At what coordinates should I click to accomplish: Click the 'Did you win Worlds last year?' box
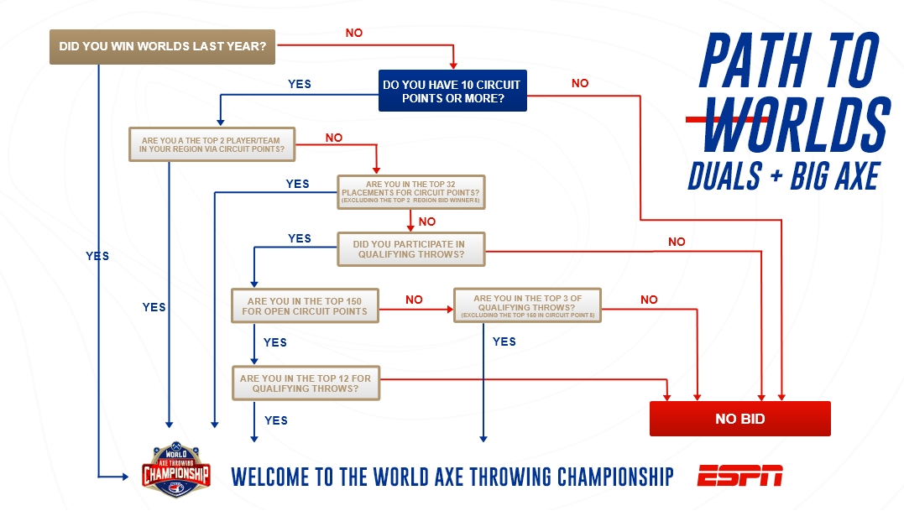click(162, 47)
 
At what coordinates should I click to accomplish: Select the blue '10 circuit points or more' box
click(452, 91)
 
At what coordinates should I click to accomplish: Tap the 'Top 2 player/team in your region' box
click(212, 144)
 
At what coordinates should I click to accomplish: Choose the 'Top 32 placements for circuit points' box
click(411, 192)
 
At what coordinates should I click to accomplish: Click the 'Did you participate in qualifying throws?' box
click(411, 249)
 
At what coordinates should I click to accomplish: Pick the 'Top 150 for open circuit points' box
click(305, 306)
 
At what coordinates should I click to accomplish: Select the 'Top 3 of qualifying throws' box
click(527, 305)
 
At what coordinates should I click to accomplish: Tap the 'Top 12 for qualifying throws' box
click(306, 383)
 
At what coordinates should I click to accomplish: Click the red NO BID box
click(739, 419)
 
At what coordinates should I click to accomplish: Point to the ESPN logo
click(739, 476)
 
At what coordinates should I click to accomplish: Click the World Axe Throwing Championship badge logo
click(175, 470)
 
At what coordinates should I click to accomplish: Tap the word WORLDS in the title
click(796, 124)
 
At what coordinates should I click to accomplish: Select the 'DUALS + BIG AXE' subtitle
click(784, 175)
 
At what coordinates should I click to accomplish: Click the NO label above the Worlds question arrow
click(354, 33)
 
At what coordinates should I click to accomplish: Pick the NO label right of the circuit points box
click(580, 83)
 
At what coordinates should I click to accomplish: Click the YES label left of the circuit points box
click(299, 84)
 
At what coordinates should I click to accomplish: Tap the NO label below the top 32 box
click(427, 222)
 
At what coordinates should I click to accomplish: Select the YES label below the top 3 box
click(504, 342)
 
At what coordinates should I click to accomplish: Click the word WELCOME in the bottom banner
click(269, 477)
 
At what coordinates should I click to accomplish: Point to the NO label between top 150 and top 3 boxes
click(414, 300)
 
